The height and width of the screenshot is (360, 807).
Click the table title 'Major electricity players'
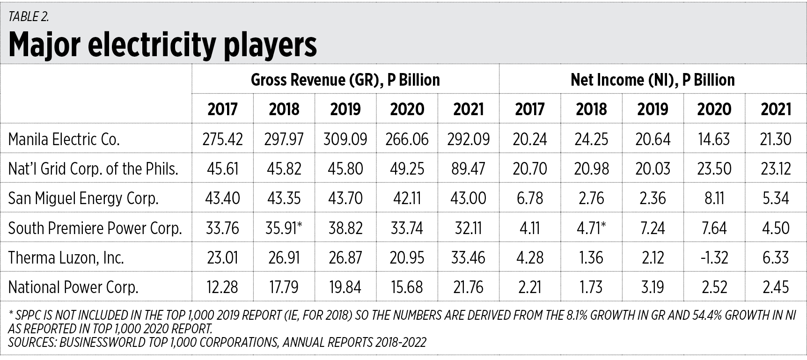point(162,45)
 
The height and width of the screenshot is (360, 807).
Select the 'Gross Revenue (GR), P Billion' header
point(345,80)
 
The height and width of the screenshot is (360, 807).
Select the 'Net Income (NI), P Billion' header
point(653,80)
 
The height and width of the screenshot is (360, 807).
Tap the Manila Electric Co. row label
point(64,139)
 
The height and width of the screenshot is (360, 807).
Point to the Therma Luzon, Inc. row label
point(66,257)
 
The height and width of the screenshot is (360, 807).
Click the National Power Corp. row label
point(73,287)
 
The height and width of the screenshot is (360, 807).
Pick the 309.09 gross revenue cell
point(345,139)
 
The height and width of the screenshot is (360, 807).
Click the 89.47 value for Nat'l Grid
point(469,169)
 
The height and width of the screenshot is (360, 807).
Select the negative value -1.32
point(714,257)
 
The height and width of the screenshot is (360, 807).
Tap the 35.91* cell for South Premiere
point(284,228)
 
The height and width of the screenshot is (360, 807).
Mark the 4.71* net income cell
point(592,228)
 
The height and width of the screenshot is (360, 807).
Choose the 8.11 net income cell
point(714,198)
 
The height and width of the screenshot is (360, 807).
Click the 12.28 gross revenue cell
point(222,287)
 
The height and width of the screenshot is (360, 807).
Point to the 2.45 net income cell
point(776,287)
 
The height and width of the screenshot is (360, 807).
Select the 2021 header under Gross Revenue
point(469,109)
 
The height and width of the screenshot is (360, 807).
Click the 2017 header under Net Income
point(530,109)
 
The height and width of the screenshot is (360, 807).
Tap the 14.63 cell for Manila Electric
point(714,139)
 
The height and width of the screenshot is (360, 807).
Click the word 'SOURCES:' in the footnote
point(32,343)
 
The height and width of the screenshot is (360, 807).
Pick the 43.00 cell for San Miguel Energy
point(469,198)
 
